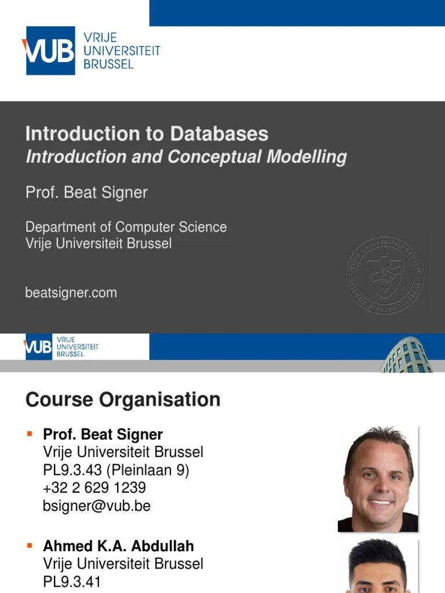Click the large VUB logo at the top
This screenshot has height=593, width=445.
tap(50, 50)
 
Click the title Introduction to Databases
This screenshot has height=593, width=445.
tap(147, 134)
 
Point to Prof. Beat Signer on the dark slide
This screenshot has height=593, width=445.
tap(86, 193)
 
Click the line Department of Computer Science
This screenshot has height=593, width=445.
tap(126, 227)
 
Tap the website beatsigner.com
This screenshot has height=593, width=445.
tap(71, 293)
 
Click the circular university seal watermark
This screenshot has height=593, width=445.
tap(384, 275)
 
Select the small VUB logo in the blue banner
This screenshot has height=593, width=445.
tap(39, 347)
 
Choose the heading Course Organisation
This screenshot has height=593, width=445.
tap(123, 400)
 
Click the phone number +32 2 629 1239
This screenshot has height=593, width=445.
tap(94, 488)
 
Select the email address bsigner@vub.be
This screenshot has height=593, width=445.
tap(96, 506)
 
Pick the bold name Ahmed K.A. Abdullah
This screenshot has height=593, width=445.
tap(118, 546)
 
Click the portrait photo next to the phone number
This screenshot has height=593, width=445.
tap(379, 479)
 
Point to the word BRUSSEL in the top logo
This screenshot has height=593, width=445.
tap(108, 64)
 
